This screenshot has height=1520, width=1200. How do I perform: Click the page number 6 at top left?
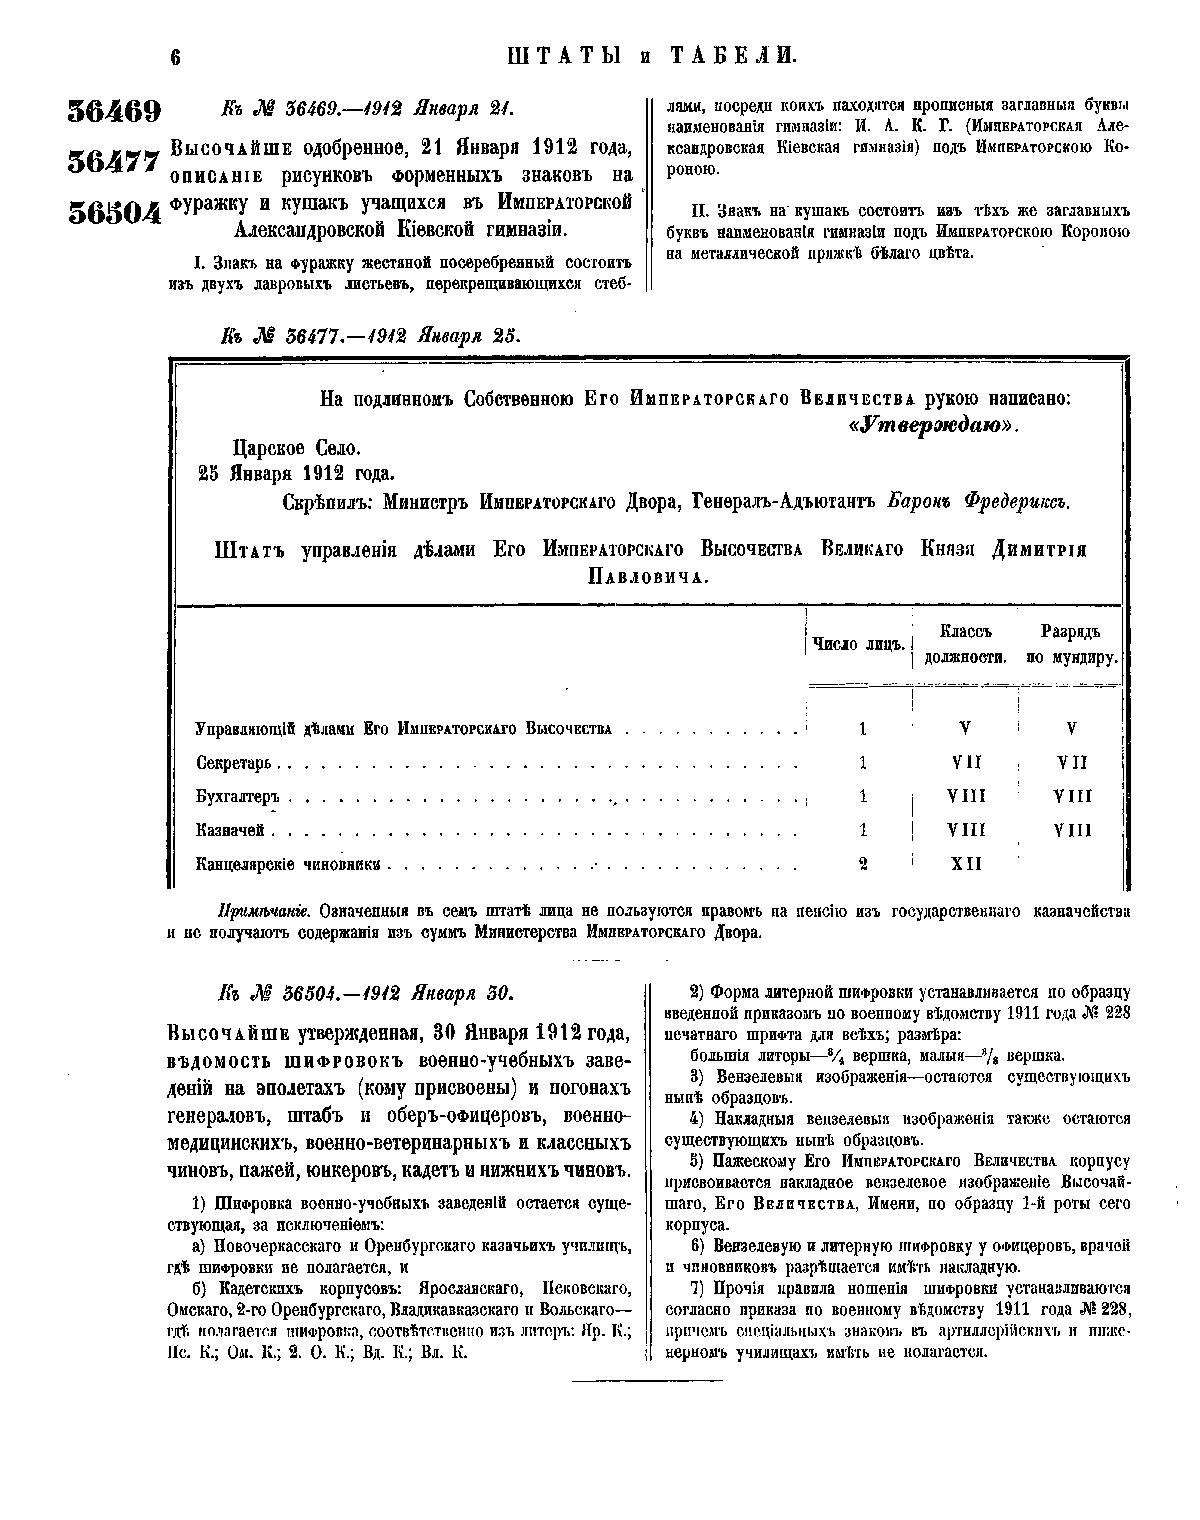tap(174, 57)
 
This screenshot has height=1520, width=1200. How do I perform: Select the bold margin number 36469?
tap(114, 111)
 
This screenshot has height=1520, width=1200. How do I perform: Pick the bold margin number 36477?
tap(114, 159)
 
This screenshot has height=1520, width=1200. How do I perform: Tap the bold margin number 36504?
tap(114, 212)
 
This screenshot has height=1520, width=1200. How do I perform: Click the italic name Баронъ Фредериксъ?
tap(979, 502)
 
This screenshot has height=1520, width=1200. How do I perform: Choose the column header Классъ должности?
tap(964, 644)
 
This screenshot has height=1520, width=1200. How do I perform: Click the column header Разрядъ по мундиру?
tap(1069, 644)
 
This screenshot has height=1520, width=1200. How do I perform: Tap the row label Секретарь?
tap(234, 764)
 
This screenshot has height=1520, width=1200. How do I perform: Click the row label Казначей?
tap(230, 831)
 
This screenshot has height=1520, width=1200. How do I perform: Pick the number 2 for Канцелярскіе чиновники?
tap(862, 864)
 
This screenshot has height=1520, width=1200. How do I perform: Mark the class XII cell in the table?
tap(965, 864)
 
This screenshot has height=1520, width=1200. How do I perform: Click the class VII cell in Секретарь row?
tap(965, 763)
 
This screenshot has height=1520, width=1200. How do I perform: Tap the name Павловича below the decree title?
tap(647, 578)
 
